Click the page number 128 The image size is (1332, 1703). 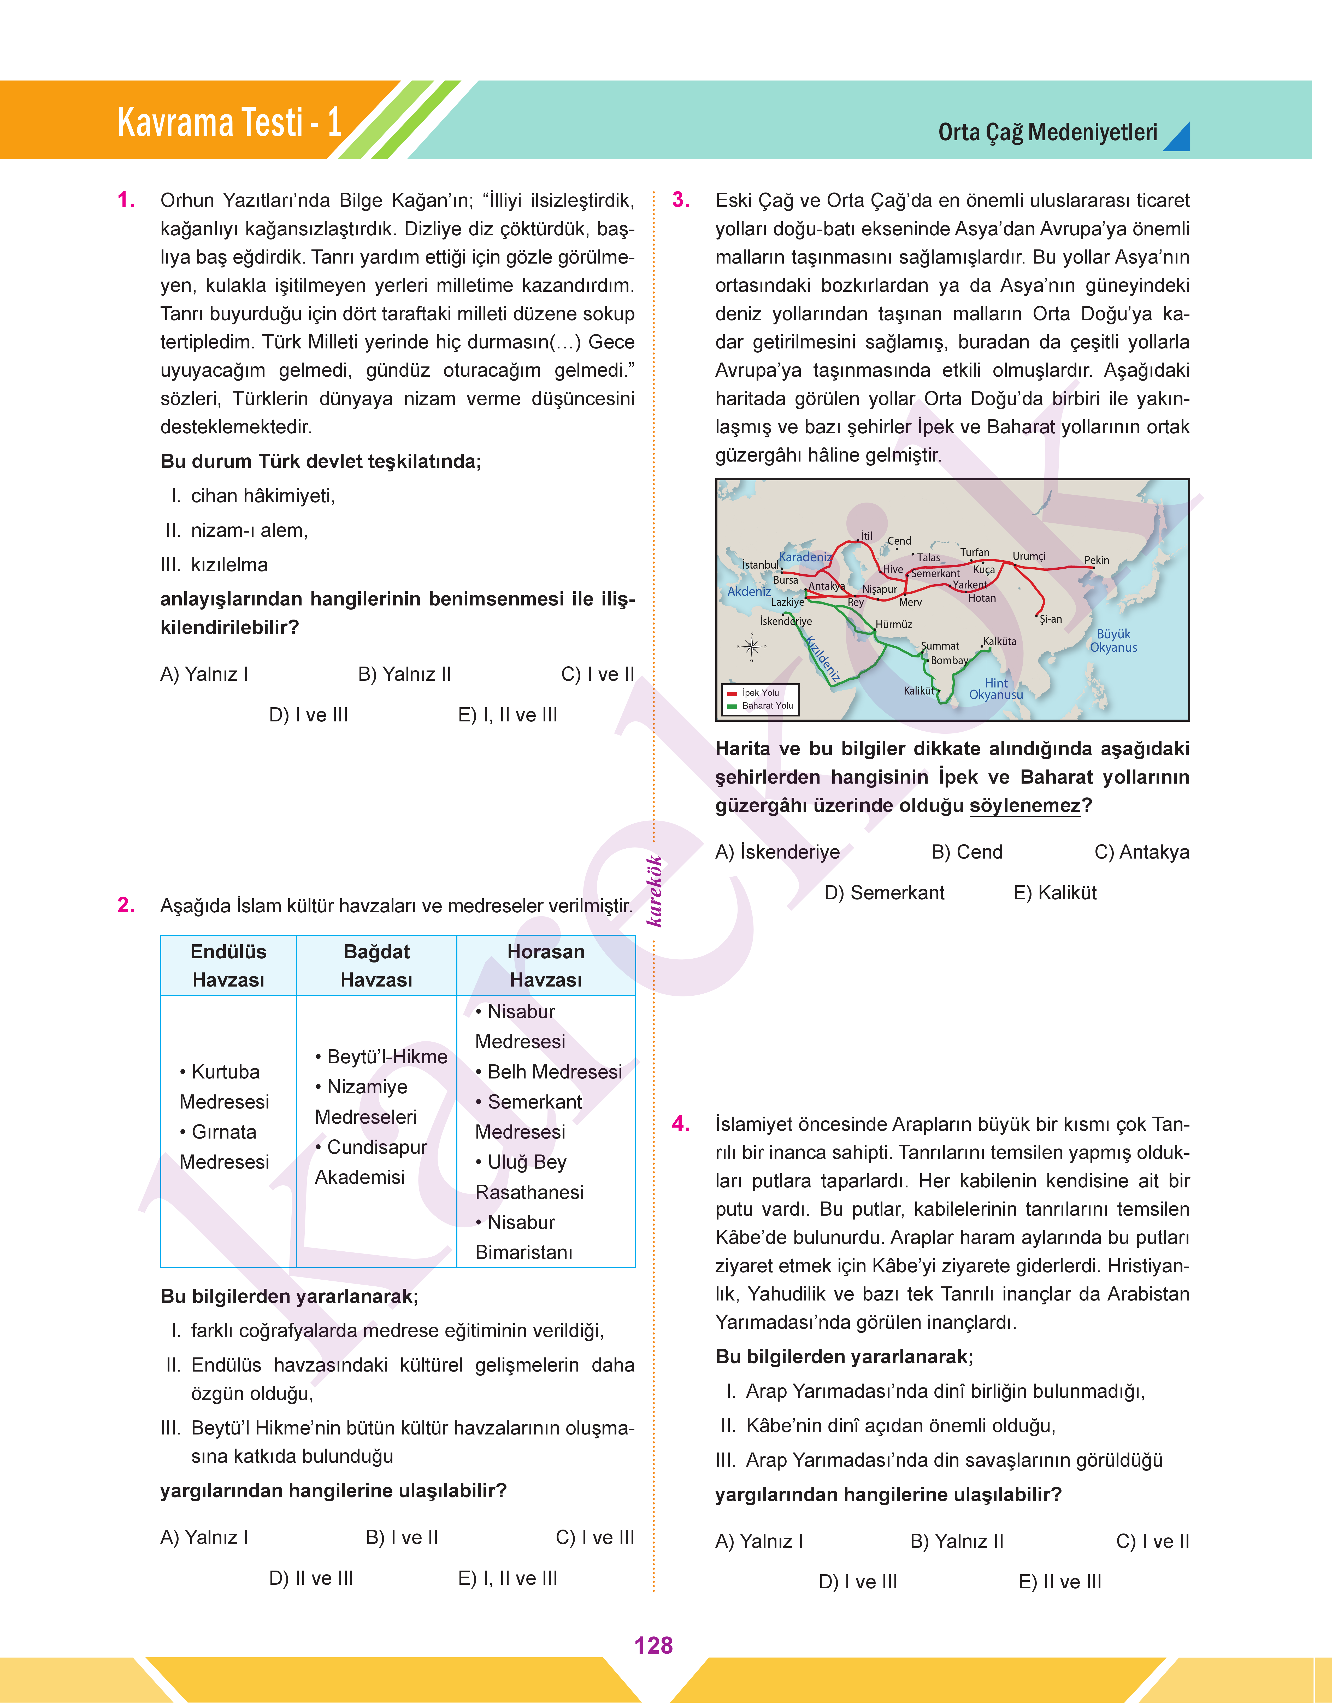tap(653, 1645)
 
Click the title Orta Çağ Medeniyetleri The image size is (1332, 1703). tap(1047, 133)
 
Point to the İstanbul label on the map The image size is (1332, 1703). tap(759, 564)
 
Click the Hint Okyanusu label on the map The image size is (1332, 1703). tap(996, 689)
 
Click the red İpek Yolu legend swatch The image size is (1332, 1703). tap(732, 693)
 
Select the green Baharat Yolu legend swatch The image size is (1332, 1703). tap(732, 706)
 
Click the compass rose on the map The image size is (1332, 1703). tap(752, 646)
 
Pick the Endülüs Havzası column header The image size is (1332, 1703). tap(228, 966)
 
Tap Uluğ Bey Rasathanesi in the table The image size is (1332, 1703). tap(529, 1177)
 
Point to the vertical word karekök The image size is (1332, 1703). tap(654, 891)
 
